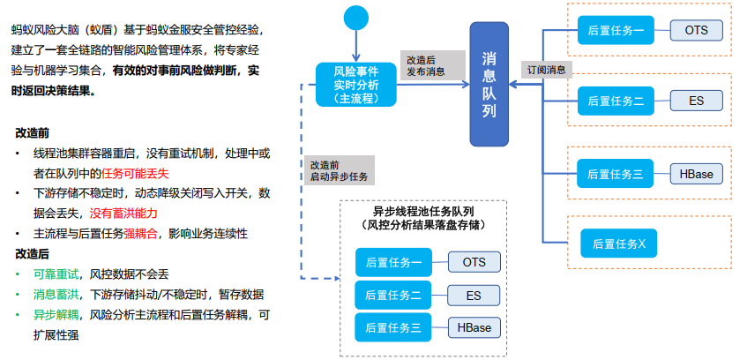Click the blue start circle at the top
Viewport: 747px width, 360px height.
pyautogui.click(x=355, y=18)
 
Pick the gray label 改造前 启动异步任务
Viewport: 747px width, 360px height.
pyautogui.click(x=339, y=171)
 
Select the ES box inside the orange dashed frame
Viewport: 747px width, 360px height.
pyautogui.click(x=696, y=101)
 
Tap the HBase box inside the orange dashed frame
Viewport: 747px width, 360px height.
pyautogui.click(x=696, y=173)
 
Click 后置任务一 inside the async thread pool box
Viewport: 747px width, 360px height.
pyautogui.click(x=393, y=262)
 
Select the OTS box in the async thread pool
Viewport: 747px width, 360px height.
pyautogui.click(x=474, y=262)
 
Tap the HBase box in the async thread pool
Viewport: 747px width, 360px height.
pyautogui.click(x=474, y=327)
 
